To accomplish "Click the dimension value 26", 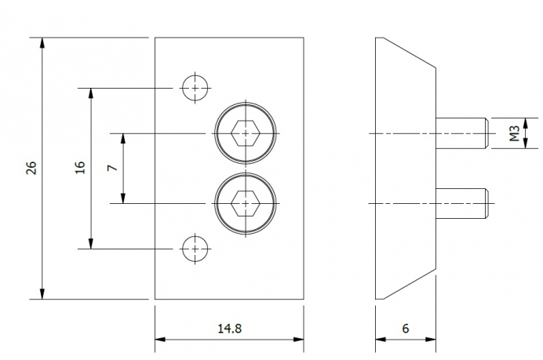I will (32, 167).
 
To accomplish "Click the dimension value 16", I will (80, 167).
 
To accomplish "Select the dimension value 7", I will (113, 168).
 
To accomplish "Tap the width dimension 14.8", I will (229, 329).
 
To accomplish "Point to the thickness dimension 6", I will (406, 329).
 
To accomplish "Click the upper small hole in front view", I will (195, 88).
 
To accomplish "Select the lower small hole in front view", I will (195, 249).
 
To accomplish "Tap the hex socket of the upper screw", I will (247, 134).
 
